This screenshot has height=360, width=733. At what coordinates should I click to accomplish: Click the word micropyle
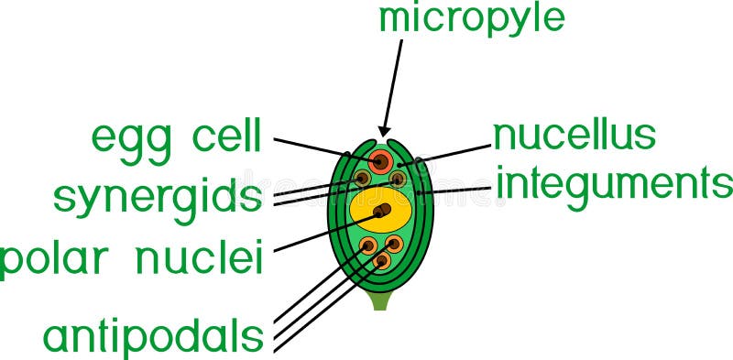(x=471, y=18)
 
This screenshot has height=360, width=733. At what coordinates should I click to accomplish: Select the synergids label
(x=157, y=196)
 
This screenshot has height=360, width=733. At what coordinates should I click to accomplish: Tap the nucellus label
(x=574, y=135)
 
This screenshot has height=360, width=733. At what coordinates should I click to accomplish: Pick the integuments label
(x=614, y=186)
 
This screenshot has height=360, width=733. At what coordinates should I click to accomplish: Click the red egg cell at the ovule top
(x=380, y=161)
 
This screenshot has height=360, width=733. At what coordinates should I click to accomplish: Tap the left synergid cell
(x=363, y=177)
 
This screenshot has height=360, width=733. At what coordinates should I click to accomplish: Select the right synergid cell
(x=398, y=178)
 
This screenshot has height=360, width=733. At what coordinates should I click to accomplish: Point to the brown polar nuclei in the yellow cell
(x=381, y=212)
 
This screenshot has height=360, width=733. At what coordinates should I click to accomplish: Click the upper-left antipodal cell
(x=368, y=245)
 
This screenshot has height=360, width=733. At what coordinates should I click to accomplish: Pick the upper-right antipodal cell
(x=394, y=245)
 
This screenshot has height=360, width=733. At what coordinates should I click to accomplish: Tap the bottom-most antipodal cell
(x=382, y=260)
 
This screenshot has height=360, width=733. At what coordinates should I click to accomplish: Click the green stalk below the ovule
(x=380, y=300)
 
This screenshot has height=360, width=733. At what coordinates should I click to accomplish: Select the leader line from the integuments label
(x=458, y=191)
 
